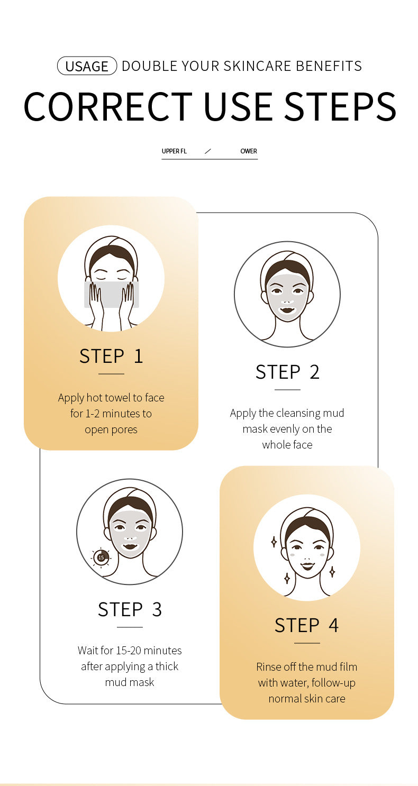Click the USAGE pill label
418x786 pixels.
[87, 66]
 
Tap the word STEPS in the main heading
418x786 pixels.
[340, 106]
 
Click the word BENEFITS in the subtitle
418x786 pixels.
[329, 66]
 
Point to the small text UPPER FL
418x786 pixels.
[174, 151]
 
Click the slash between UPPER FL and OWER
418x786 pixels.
[208, 151]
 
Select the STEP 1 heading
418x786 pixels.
[111, 356]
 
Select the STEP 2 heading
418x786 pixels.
[287, 372]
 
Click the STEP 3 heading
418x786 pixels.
[130, 609]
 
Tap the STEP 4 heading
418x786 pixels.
[306, 625]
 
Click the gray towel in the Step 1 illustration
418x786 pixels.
[112, 294]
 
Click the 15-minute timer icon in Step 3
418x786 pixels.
[101, 557]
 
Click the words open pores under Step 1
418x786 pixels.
[111, 429]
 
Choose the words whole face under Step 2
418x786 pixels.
[287, 445]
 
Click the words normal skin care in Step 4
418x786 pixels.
[306, 699]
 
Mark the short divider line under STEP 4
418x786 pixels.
[307, 643]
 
